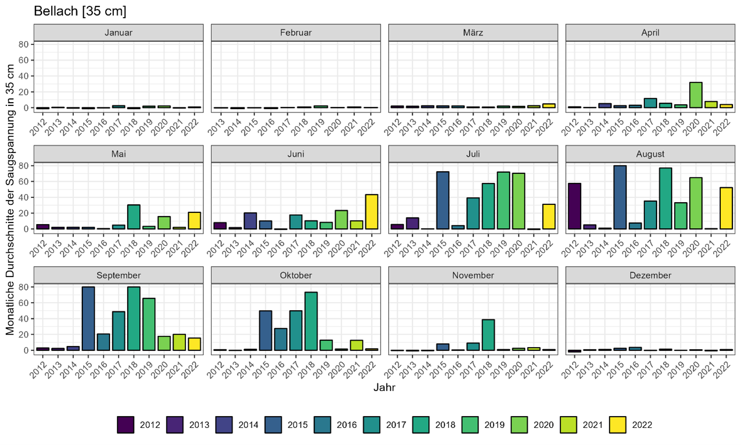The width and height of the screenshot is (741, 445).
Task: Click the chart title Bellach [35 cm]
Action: [x=80, y=11]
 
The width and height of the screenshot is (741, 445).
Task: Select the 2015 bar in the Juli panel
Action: [x=442, y=201]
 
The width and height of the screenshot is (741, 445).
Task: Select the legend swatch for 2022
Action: [x=620, y=425]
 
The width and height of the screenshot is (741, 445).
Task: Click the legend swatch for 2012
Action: [x=125, y=425]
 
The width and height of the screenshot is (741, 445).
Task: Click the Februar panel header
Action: [x=295, y=33]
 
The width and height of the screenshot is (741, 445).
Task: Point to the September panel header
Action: [x=118, y=275]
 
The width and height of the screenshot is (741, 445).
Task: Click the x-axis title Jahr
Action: [x=384, y=388]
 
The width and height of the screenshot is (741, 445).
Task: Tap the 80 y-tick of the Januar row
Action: [x=23, y=44]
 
